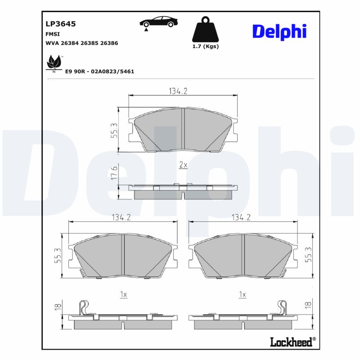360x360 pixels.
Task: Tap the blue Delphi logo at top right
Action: (279, 31)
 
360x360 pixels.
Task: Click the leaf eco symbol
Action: (54, 63)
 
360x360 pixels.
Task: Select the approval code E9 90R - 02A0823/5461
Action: (100, 72)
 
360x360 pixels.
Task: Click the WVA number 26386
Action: (109, 43)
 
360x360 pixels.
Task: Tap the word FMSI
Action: (53, 34)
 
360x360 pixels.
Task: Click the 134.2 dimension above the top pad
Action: (178, 91)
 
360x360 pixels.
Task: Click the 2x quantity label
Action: (183, 165)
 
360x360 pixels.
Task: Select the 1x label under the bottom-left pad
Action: (123, 294)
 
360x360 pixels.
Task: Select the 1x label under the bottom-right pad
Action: (243, 294)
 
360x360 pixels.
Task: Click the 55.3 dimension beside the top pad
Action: (114, 130)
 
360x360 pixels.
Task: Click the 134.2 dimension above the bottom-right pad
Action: (241, 217)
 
